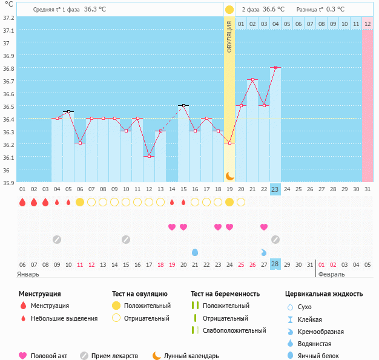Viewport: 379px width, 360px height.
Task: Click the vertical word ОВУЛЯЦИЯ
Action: tap(229, 36)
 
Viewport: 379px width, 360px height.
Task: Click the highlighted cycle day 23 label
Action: tap(275, 189)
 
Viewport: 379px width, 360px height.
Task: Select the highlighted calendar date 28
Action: tap(275, 264)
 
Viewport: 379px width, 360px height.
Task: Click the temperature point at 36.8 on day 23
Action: tap(275, 68)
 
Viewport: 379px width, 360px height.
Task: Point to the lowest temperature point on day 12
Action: tap(149, 156)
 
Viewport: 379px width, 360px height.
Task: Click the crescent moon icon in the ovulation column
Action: tap(229, 175)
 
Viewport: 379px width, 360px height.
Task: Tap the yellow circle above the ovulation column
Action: tap(229, 10)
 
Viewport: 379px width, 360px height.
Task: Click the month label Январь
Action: tap(28, 274)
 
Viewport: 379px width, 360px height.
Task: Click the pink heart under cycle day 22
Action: tap(264, 227)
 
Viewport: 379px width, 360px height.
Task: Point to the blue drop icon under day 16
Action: tap(195, 252)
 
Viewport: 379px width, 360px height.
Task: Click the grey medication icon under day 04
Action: tap(57, 239)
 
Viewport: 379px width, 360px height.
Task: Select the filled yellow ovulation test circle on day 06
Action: tap(80, 202)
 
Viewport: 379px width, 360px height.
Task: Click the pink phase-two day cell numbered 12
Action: tap(367, 24)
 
